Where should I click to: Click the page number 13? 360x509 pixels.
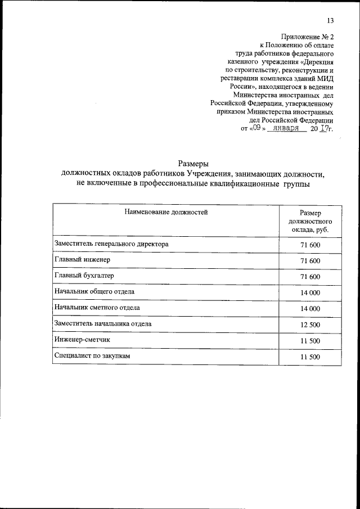(x=330, y=21)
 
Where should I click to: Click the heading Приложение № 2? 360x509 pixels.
(x=310, y=35)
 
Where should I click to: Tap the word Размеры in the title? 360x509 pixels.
(x=193, y=164)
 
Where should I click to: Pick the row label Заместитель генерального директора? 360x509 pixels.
(x=111, y=245)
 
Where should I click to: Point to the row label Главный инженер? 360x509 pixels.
(x=83, y=260)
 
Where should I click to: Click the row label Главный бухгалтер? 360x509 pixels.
(x=85, y=276)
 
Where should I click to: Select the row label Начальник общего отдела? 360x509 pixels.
(x=94, y=292)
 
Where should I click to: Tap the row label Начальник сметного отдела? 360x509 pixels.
(x=97, y=308)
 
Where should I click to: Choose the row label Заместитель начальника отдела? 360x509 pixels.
(x=103, y=324)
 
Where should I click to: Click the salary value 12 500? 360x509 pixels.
(x=310, y=325)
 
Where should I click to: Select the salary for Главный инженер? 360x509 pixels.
(x=310, y=261)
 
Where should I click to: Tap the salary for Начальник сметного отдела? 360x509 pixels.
(x=310, y=309)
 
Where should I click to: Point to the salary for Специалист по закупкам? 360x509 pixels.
(x=310, y=357)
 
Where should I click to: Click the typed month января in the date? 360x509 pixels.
(x=286, y=128)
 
